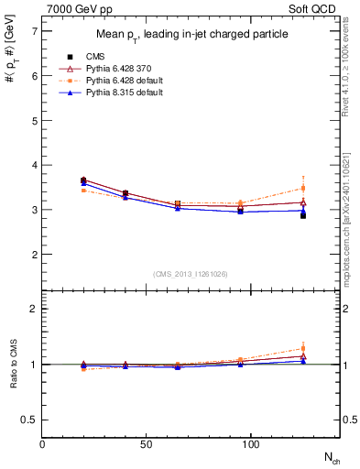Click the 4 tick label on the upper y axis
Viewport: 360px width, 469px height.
tap(34, 165)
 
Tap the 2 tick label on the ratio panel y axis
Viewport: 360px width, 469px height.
tap(34, 309)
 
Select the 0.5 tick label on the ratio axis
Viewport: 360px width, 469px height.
tap(29, 420)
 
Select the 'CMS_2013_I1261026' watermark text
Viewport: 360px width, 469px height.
tap(191, 274)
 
